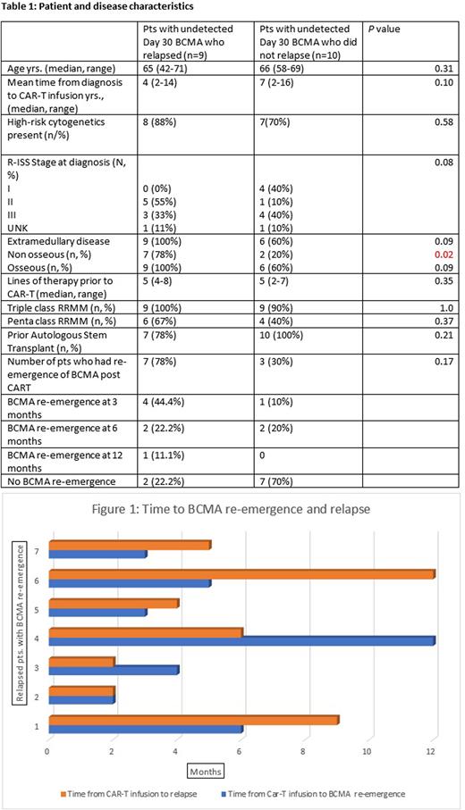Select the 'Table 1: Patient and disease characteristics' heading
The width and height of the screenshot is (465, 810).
tap(101, 7)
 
